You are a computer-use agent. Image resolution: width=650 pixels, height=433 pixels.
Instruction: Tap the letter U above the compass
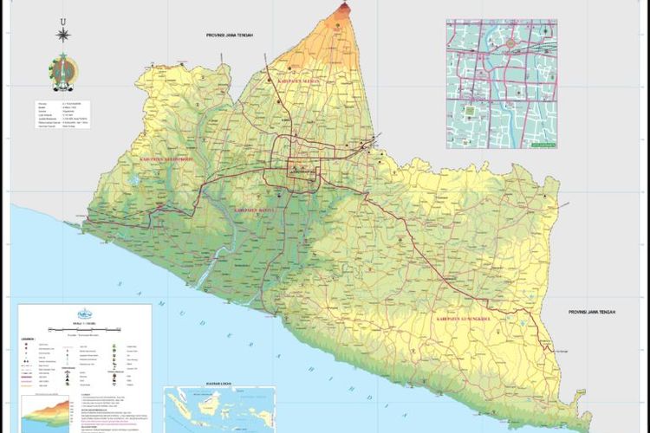click(x=62, y=19)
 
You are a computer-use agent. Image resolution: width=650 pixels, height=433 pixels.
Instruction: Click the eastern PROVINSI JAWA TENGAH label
click(x=598, y=312)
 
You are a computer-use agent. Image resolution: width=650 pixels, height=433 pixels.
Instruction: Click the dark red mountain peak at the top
click(x=345, y=8)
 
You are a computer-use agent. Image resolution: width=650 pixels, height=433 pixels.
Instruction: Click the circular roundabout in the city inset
click(x=512, y=42)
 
